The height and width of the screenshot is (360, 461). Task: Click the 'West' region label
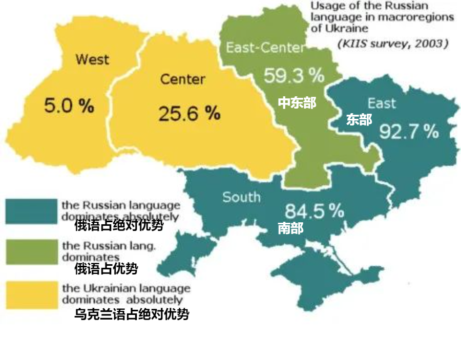92,59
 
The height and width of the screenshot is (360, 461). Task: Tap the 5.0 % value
69,106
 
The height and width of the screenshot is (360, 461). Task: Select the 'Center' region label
182,79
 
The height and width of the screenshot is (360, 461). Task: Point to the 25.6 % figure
189,114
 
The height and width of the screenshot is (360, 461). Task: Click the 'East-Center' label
265,48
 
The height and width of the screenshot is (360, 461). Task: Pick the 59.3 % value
294,76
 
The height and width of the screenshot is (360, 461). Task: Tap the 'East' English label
382,103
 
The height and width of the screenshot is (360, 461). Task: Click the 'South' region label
241,197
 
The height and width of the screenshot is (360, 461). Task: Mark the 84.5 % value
314,210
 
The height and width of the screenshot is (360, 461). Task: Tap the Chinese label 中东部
297,102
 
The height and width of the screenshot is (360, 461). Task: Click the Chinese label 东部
359,119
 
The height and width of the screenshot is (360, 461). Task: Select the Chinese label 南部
290,228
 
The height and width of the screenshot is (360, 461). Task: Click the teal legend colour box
31,210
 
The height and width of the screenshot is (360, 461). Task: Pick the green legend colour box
31,251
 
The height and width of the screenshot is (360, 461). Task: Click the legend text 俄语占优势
106,268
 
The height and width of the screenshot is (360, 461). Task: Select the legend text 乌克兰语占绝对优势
132,314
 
